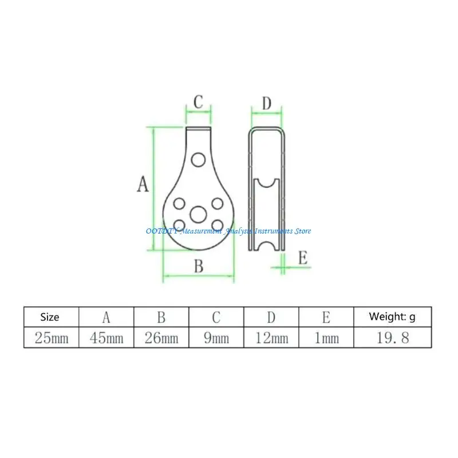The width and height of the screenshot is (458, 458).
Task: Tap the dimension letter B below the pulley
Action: [199, 266]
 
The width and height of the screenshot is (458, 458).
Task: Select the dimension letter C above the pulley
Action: [198, 102]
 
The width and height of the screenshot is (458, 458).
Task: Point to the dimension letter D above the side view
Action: [266, 104]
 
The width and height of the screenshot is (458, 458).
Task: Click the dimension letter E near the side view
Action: [303, 258]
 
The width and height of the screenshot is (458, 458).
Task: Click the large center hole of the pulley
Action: [199, 214]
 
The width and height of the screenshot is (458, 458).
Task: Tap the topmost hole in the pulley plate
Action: [199, 159]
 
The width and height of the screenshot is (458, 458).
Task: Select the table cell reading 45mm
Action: [106, 338]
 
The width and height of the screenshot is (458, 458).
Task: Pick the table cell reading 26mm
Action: [161, 338]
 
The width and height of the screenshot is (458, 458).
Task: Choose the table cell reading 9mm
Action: [216, 338]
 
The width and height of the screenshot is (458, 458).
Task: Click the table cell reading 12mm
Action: [271, 338]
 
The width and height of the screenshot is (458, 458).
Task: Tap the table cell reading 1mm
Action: [326, 338]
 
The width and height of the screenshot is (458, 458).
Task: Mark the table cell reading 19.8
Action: [393, 338]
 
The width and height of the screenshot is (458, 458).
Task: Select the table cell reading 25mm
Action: [51, 338]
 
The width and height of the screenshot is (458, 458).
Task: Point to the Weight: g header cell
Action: [393, 317]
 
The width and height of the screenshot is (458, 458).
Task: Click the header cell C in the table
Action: [216, 317]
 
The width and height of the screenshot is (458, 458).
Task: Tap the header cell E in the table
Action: [326, 317]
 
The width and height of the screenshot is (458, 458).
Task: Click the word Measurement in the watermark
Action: [199, 231]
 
